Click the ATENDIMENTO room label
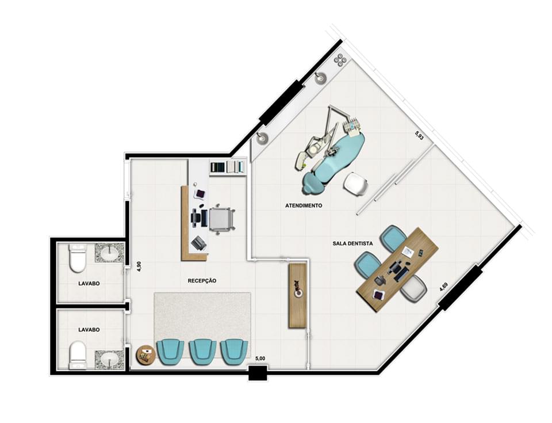coord(303,205)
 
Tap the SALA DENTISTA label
coord(352,243)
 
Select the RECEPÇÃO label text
coord(202,281)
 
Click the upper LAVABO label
coord(90,284)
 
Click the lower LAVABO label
coord(90,330)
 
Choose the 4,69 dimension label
coord(443,286)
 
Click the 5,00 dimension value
coord(260,359)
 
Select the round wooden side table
coord(145,355)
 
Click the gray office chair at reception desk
coord(221,219)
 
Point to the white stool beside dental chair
coord(355,185)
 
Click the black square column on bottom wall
coord(258,373)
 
